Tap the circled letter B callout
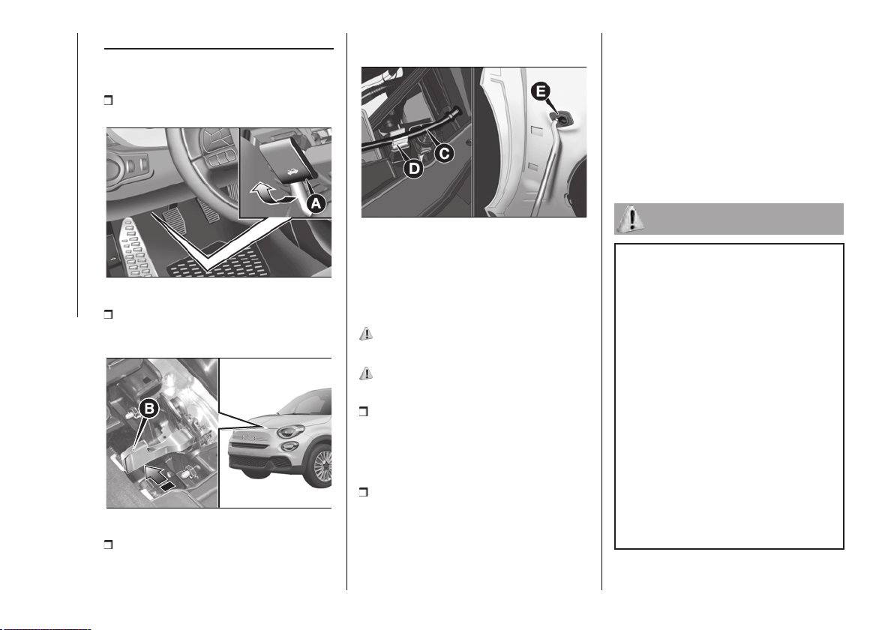click(149, 408)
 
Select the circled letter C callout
click(444, 152)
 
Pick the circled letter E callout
click(541, 91)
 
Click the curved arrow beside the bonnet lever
click(268, 194)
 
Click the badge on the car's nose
click(249, 439)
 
